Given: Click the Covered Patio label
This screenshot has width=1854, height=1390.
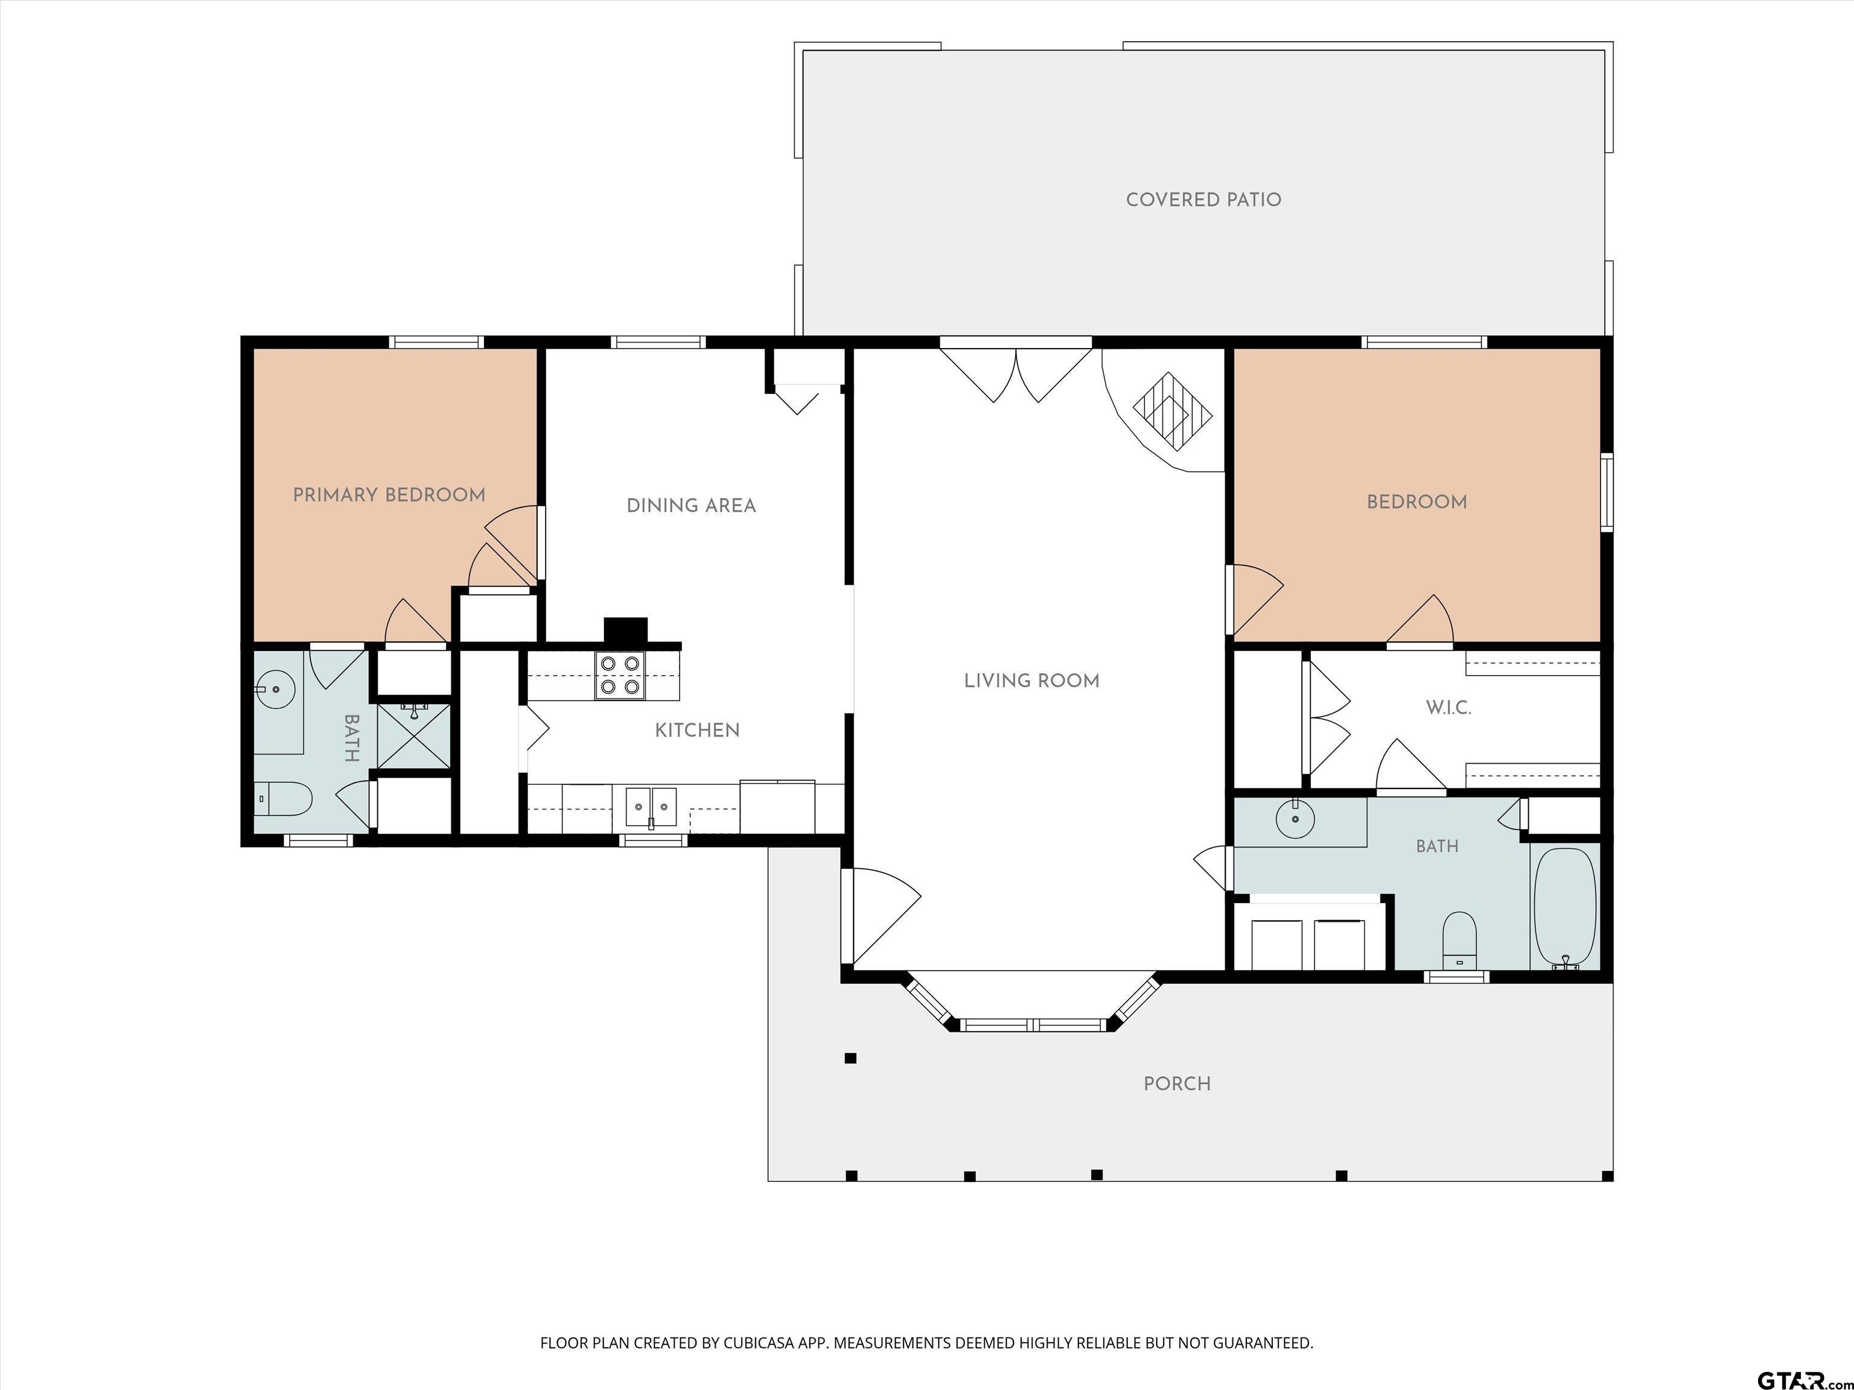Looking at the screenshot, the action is [x=1203, y=200].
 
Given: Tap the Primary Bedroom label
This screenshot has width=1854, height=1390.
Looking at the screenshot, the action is [x=389, y=495].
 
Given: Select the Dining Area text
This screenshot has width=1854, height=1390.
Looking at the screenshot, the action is [x=692, y=505].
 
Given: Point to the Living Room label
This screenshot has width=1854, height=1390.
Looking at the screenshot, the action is [x=1032, y=681].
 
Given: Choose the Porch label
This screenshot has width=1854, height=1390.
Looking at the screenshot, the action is [x=1177, y=1084].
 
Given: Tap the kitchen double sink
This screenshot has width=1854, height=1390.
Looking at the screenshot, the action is [x=651, y=807].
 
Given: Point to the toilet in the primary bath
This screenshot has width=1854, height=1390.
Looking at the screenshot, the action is [x=282, y=799].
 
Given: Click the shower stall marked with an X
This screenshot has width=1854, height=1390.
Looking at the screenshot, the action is [x=413, y=735].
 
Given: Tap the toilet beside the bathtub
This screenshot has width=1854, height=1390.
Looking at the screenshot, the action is [x=1460, y=938].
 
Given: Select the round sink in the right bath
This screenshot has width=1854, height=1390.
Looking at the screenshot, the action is [x=1296, y=819].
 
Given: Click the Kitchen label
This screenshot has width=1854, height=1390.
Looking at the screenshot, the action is [x=697, y=731].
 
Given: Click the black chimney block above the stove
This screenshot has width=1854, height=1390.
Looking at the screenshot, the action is [x=626, y=629].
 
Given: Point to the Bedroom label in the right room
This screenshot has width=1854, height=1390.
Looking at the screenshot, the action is [x=1416, y=502].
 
